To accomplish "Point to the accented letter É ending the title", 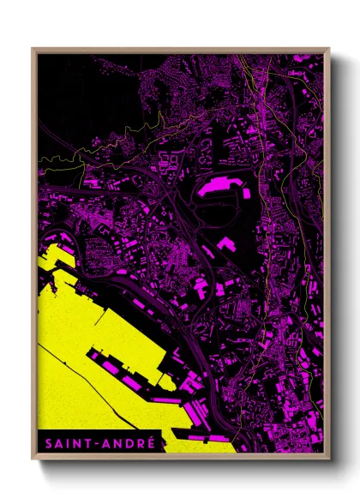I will (x=151, y=442).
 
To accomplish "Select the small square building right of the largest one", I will (x=247, y=193).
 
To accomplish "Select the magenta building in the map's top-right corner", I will (x=304, y=60).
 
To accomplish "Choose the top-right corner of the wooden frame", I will (x=328, y=50).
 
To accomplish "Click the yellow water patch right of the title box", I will (x=197, y=444).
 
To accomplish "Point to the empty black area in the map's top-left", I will (x=77, y=94).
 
